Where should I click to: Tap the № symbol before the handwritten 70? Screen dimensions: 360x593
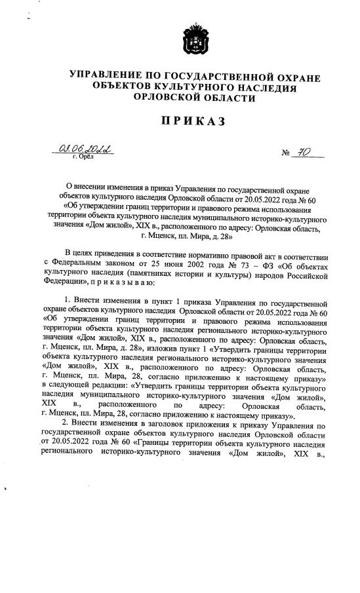(287, 155)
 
